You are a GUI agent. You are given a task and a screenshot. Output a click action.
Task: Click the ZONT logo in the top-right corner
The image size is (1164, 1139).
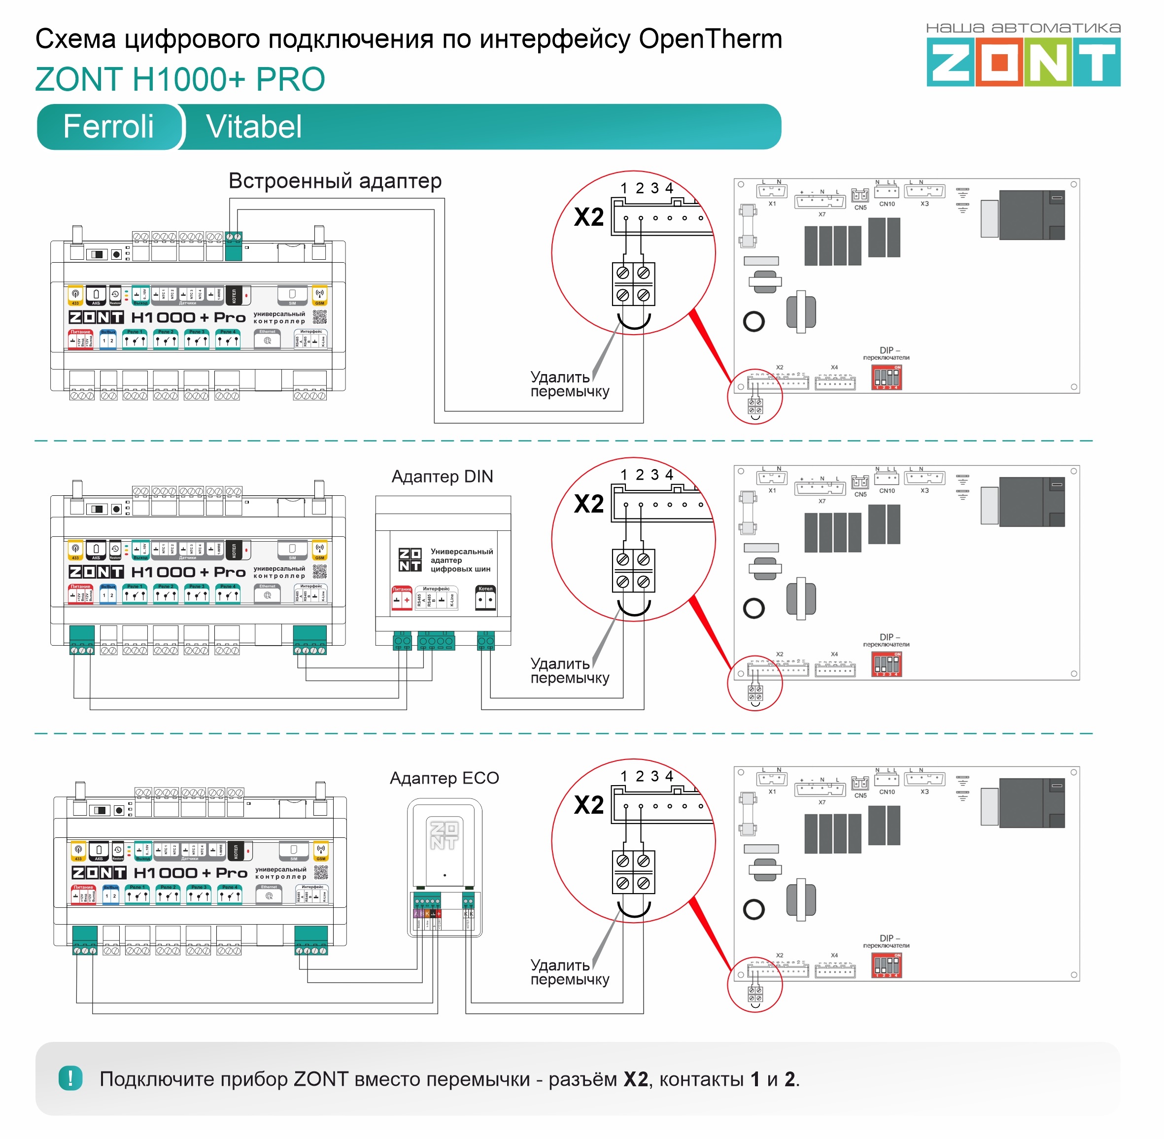pos(1023,62)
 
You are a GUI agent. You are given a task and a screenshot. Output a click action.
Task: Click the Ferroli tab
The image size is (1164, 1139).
pos(108,127)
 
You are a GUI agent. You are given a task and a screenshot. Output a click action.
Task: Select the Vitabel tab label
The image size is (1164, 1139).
pos(254,127)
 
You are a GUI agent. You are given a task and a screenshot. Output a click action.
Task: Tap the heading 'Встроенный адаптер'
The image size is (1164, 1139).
pos(335,181)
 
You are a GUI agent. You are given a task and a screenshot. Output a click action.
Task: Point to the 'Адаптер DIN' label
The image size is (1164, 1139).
pos(442,477)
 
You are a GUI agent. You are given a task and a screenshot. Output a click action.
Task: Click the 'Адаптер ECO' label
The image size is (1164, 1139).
pos(444,778)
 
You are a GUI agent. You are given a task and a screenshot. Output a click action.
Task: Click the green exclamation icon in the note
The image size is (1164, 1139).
pos(70,1078)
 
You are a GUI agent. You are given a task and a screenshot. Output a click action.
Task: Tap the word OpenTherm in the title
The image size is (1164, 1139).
pos(710,39)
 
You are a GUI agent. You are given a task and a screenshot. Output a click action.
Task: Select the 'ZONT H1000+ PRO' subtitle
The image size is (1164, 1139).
pos(180,79)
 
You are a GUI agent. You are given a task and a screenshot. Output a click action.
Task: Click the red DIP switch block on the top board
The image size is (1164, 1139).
pos(887,378)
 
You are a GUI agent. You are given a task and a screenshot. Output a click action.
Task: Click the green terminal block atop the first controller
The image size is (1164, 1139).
pos(233,245)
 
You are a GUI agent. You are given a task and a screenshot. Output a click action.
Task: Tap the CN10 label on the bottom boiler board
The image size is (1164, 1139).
pos(887,792)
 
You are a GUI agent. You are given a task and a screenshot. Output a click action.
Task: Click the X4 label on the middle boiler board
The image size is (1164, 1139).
pos(834,654)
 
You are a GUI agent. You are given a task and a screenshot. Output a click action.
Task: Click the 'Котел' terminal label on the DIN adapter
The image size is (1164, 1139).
pos(485,588)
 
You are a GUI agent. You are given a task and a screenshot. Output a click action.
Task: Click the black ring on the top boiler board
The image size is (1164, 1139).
pos(753,322)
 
